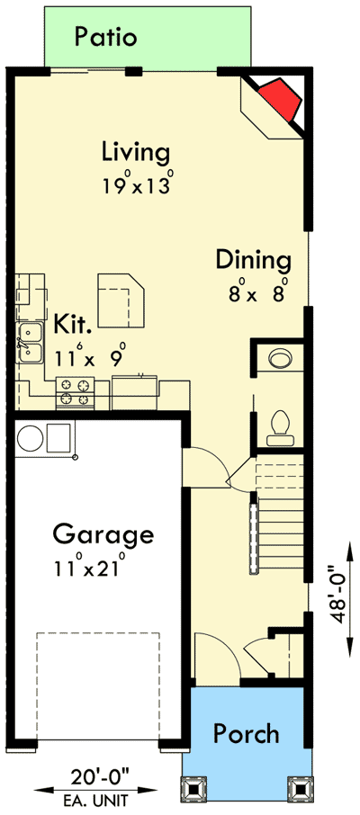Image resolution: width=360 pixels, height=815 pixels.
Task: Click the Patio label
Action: [x=106, y=37]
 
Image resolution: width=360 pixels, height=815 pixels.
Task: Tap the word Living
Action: [x=135, y=150]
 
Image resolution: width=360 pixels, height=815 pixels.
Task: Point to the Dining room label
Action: [x=254, y=261]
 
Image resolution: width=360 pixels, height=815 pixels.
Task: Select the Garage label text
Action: [x=103, y=534]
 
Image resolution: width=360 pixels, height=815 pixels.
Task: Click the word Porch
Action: [x=246, y=733]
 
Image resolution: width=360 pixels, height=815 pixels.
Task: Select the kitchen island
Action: [x=121, y=298]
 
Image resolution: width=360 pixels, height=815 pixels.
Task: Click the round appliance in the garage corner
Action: [x=31, y=438]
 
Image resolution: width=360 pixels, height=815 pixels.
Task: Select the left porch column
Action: [x=193, y=790]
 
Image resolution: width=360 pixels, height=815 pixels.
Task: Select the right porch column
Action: [x=297, y=790]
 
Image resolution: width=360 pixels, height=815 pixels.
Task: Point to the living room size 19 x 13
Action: [x=137, y=184]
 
